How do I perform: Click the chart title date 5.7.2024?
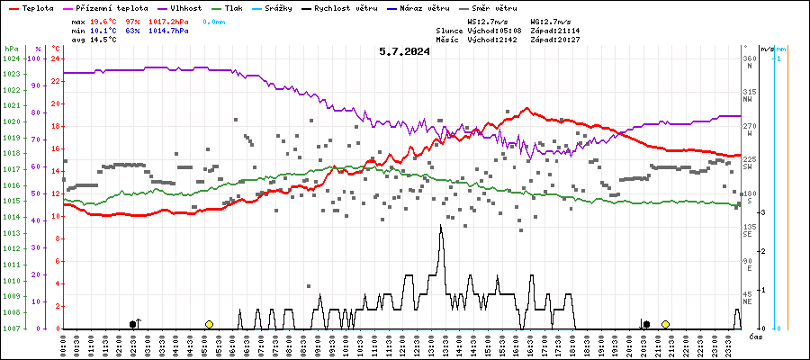tap(404, 51)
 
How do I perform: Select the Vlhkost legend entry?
tap(188, 7)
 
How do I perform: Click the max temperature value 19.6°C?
tap(105, 20)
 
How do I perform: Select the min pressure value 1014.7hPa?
tap(168, 30)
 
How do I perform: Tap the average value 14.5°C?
tap(105, 40)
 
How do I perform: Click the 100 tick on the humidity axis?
tap(35, 58)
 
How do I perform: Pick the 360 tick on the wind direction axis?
tap(747, 58)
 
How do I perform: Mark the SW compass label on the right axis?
tap(748, 166)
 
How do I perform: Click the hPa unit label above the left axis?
tap(11, 48)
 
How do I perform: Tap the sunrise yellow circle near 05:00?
tap(209, 324)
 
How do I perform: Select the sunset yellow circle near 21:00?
tap(665, 324)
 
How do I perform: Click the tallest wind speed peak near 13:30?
tap(440, 225)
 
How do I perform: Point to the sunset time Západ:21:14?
tap(555, 30)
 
